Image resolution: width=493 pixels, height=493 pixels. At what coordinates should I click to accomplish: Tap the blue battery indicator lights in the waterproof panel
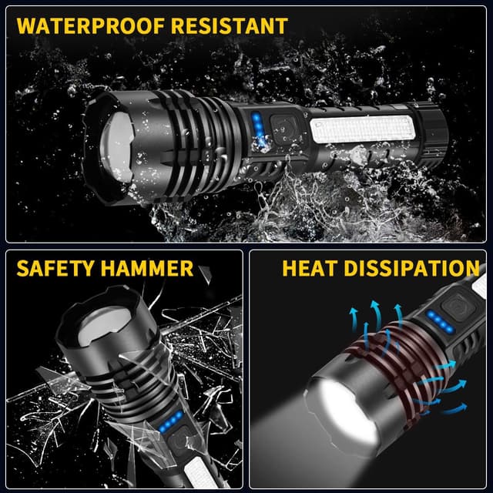[x=257, y=126]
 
